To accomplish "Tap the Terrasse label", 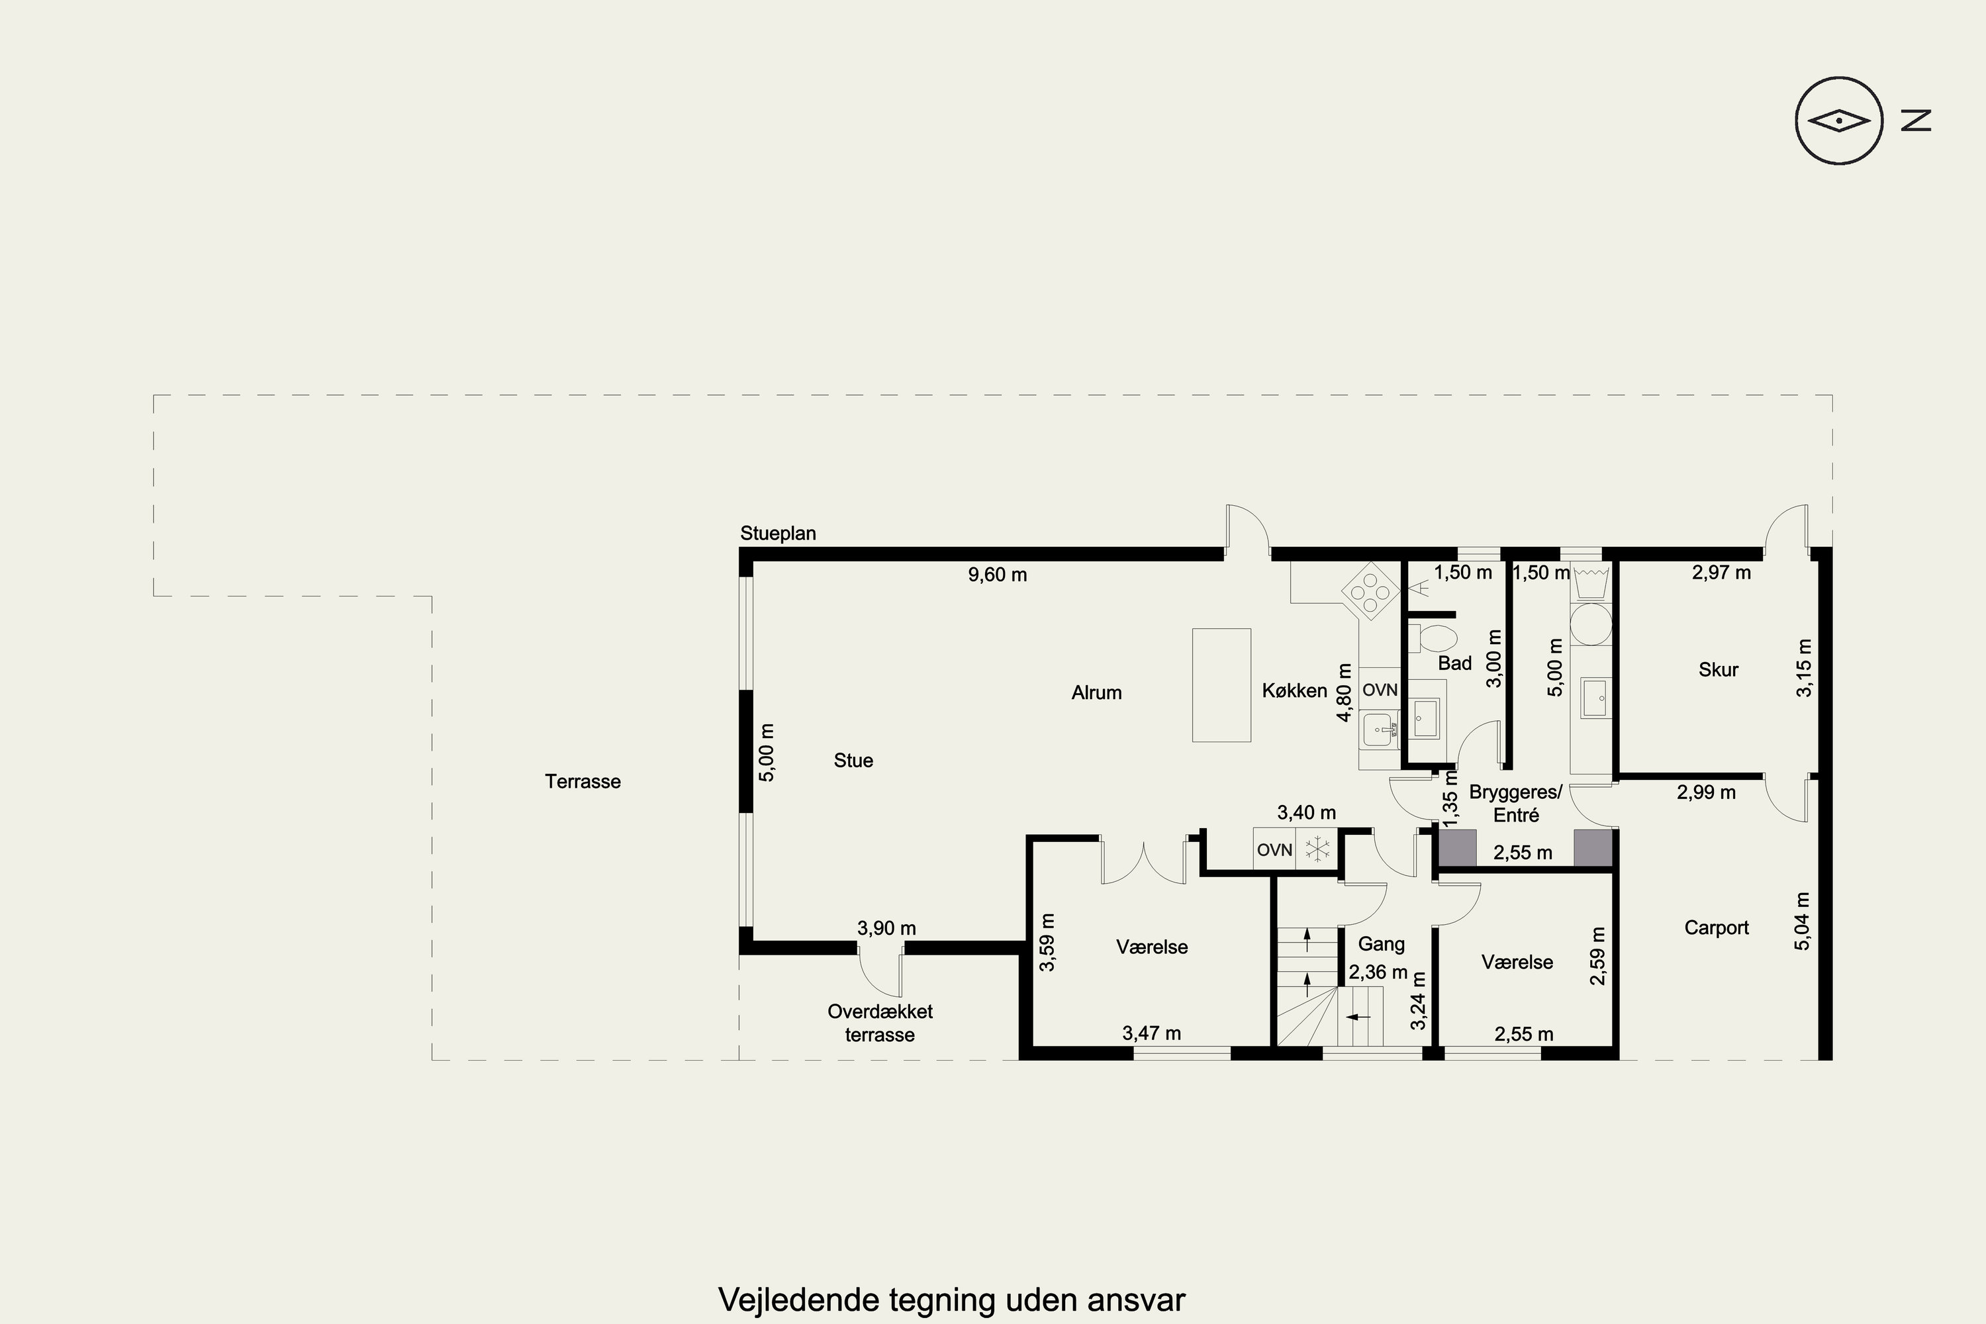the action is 583,782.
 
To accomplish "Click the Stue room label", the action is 853,761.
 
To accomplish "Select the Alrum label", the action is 1096,693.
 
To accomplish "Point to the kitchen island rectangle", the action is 1221,685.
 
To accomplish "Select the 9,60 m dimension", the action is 997,575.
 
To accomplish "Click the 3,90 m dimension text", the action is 886,928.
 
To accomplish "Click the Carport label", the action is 1716,928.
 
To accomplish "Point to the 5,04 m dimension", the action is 1802,922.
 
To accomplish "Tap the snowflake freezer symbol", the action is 1317,849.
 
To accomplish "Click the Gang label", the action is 1382,944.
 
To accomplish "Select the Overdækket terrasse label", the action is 880,1023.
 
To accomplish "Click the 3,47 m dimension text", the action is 1151,1033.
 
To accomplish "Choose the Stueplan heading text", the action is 778,534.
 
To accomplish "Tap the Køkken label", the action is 1294,690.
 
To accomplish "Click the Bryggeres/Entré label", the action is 1516,804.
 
